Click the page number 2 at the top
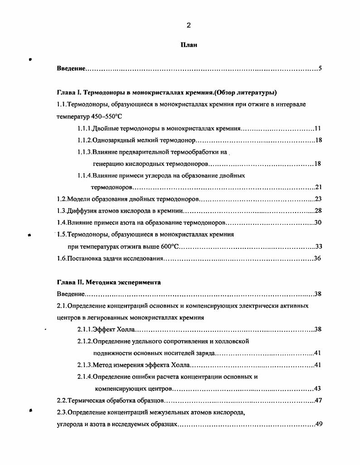coord(188,26)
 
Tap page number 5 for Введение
coord(320,69)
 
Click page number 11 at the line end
coord(318,128)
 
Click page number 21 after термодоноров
coord(318,187)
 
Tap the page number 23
coord(318,199)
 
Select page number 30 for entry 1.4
coord(318,223)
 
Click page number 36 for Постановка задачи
coord(318,258)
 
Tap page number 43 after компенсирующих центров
coord(318,389)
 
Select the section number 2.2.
coord(62,401)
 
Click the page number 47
coord(318,401)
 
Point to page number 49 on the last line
coord(318,424)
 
